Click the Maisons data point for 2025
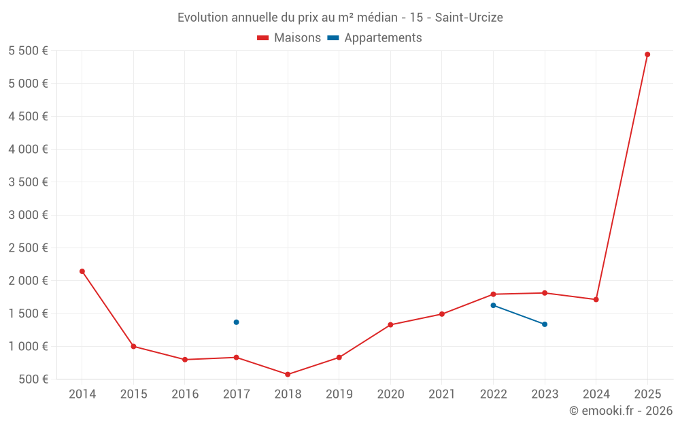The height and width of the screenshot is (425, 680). [647, 54]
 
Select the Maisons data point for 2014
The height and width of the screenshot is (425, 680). [82, 271]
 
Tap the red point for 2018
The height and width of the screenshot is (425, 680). [288, 375]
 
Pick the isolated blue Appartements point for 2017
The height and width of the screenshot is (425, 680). [236, 322]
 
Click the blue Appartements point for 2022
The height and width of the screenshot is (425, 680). [493, 305]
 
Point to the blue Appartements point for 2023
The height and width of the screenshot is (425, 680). [545, 324]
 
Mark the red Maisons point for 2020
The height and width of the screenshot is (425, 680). [390, 325]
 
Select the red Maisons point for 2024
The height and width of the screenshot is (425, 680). [596, 299]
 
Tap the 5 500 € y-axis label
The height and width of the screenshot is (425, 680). [28, 51]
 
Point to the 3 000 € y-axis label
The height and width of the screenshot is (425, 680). [28, 215]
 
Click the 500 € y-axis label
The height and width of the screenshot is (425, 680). [33, 379]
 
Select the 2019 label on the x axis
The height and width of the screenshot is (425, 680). [339, 394]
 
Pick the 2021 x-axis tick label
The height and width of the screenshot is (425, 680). [442, 394]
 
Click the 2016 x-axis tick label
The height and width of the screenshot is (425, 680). [185, 394]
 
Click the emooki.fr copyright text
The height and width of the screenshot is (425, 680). [620, 411]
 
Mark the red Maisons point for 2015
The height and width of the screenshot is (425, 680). [133, 347]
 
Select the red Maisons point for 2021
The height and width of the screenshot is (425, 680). [442, 314]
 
